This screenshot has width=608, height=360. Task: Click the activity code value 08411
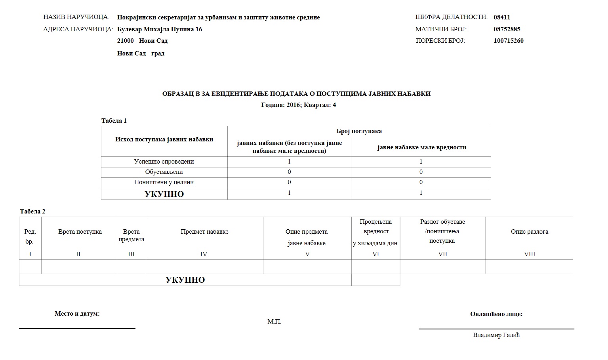tap(501, 17)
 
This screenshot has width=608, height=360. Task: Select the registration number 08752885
tap(507, 29)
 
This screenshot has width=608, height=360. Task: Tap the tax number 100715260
tap(508, 41)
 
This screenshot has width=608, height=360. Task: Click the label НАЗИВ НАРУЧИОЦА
tap(76, 17)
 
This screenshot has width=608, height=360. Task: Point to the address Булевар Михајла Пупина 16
tap(160, 29)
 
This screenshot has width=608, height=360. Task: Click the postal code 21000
tap(126, 41)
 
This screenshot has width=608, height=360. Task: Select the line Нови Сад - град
tap(141, 53)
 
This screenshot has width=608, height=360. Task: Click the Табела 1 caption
tap(114, 121)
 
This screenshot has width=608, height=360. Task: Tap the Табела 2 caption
tap(32, 211)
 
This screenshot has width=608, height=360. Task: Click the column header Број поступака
tap(359, 131)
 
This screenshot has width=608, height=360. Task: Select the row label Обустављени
tap(164, 172)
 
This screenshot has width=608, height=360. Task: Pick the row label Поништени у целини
tap(164, 182)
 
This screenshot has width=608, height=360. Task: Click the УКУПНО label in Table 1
tap(164, 194)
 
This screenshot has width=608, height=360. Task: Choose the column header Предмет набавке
tap(204, 232)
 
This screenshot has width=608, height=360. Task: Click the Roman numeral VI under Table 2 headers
tap(375, 254)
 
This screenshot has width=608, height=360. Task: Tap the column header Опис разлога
tap(529, 232)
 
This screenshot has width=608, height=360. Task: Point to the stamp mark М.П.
tap(274, 322)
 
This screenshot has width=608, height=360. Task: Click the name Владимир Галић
tap(496, 335)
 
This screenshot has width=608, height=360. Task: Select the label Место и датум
tap(77, 314)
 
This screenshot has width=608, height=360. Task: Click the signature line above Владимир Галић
tap(496, 329)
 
